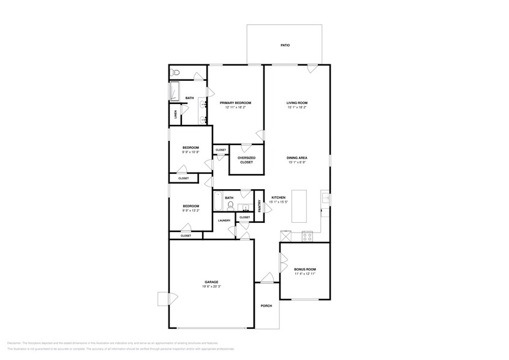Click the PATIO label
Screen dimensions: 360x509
(x=285, y=45)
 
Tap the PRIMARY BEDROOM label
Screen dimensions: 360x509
(x=235, y=103)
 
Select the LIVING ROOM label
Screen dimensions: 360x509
(x=296, y=103)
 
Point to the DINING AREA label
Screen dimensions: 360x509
(x=296, y=158)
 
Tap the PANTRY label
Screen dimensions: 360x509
(x=259, y=206)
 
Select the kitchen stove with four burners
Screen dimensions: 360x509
(x=307, y=236)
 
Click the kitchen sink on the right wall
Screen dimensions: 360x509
(x=325, y=198)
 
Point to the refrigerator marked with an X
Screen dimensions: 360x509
(x=286, y=236)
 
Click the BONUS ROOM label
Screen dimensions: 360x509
(x=304, y=269)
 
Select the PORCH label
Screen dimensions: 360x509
(x=266, y=306)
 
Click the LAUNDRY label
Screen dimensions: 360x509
(x=224, y=220)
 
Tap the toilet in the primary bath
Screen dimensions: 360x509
(x=175, y=72)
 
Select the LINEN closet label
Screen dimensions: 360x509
(x=176, y=114)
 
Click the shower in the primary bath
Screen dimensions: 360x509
(x=175, y=91)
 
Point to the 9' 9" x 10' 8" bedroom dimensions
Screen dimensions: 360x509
(x=190, y=152)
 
